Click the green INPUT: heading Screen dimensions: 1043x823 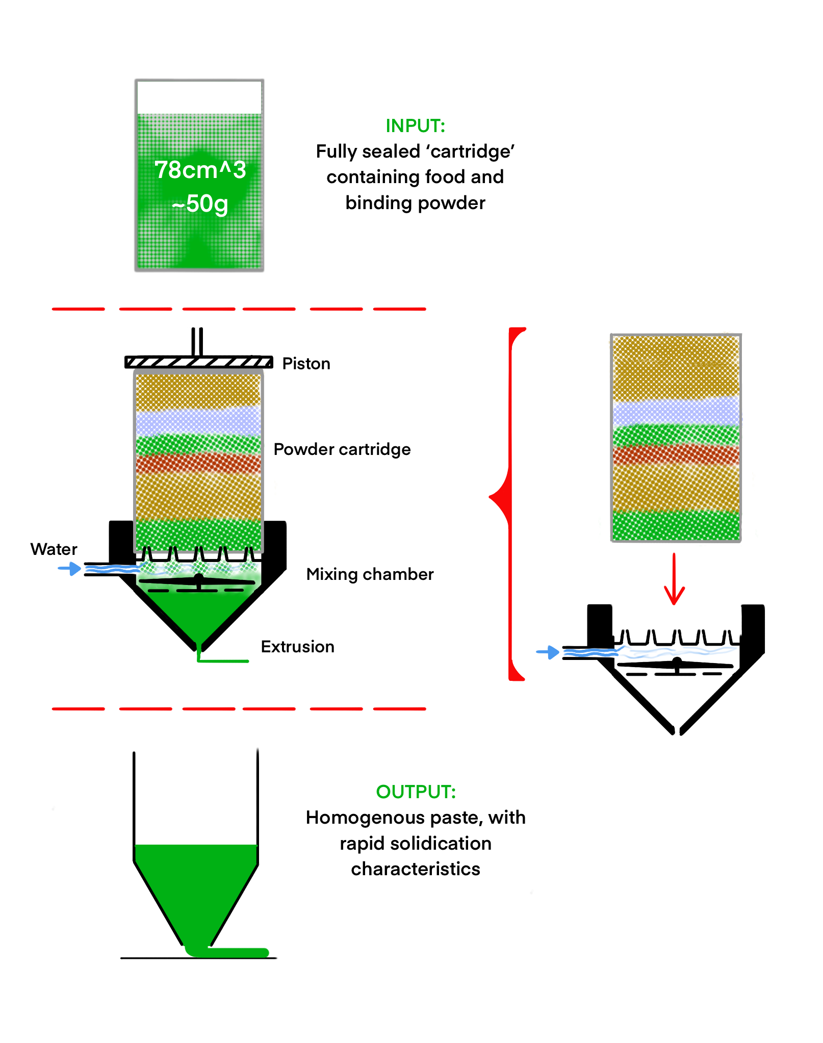click(x=415, y=126)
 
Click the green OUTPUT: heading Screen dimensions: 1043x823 click(x=416, y=792)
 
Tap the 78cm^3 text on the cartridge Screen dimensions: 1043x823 click(x=200, y=170)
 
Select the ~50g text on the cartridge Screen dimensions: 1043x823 click(x=200, y=204)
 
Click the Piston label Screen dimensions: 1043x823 click(x=306, y=364)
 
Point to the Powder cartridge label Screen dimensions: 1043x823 click(x=342, y=449)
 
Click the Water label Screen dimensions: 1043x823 click(x=54, y=549)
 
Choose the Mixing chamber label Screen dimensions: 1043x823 click(x=370, y=574)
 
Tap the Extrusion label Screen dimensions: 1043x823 click(x=297, y=647)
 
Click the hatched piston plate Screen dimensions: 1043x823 click(x=199, y=362)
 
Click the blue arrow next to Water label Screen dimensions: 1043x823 click(x=69, y=568)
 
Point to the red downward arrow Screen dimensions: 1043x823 click(x=674, y=579)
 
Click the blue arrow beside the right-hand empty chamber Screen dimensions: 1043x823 click(x=548, y=652)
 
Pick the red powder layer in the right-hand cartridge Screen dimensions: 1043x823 click(x=676, y=454)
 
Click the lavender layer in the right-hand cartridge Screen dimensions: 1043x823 click(x=676, y=412)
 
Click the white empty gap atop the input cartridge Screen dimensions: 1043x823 click(x=199, y=97)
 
